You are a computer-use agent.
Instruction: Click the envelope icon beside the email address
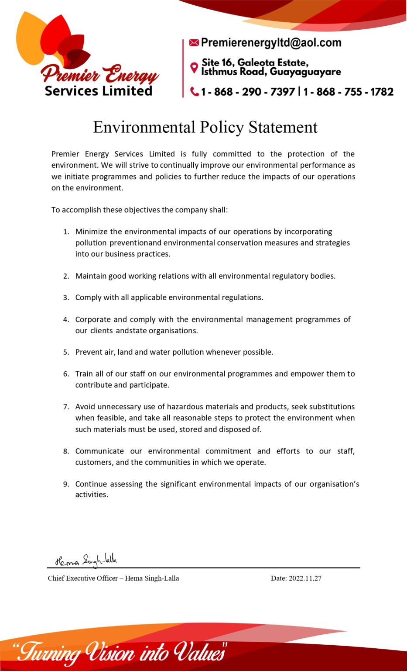pyautogui.click(x=194, y=43)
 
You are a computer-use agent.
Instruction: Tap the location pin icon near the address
pyautogui.click(x=195, y=68)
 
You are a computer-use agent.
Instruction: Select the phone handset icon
pyautogui.click(x=195, y=92)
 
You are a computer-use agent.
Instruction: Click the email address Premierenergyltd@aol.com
pyautogui.click(x=271, y=43)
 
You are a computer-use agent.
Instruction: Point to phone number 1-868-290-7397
pyautogui.click(x=248, y=92)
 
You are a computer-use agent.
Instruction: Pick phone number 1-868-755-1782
pyautogui.click(x=349, y=92)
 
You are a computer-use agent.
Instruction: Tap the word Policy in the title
pyautogui.click(x=222, y=127)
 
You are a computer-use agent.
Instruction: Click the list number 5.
pyautogui.click(x=66, y=352)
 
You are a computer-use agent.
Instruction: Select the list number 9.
pyautogui.click(x=66, y=484)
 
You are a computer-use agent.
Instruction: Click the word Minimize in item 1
pyautogui.click(x=91, y=232)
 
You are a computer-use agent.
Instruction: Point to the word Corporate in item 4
pyautogui.click(x=93, y=319)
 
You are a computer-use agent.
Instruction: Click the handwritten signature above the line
pyautogui.click(x=86, y=560)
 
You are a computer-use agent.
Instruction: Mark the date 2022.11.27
pyautogui.click(x=305, y=578)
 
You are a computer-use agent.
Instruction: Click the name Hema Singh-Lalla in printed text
pyautogui.click(x=152, y=578)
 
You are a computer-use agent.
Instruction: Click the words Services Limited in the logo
pyautogui.click(x=99, y=91)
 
